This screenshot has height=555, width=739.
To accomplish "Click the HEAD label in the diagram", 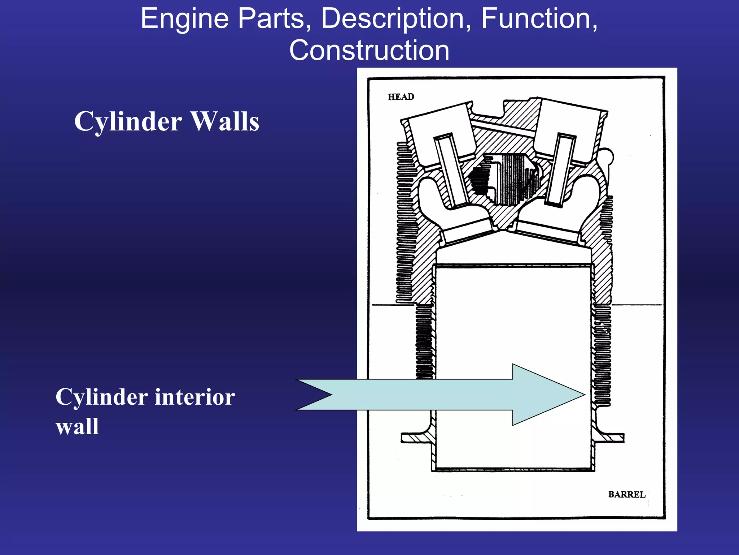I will pos(401,97).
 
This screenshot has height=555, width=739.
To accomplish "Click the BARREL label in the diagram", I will pos(626,494).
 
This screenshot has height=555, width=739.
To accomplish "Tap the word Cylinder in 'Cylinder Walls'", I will pos(128,121).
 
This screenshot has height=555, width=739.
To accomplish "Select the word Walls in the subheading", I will pos(224,121).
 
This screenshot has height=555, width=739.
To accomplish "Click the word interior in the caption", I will pos(195,397).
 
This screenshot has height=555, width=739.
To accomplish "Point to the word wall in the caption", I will pos(77,427).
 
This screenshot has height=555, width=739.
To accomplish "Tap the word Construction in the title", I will pos(369,50).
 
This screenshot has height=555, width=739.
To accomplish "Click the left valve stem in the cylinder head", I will pos(451,170).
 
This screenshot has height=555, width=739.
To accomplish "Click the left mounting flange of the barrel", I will pos(415,438).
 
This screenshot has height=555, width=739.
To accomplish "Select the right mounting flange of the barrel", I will pos(612,438).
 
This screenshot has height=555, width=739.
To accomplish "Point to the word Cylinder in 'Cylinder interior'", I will pos(101,397).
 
